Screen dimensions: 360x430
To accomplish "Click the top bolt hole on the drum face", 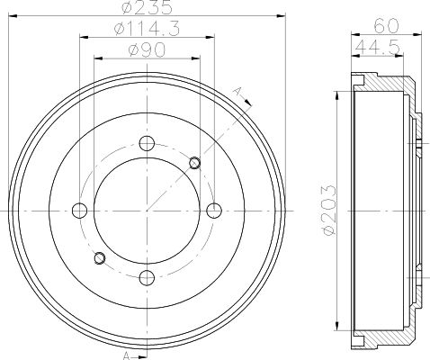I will click(x=147, y=143).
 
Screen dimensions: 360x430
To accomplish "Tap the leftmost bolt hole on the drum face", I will click(x=79, y=211).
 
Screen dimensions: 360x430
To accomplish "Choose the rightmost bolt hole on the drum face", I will click(x=213, y=211).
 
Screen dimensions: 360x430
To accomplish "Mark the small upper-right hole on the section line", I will click(x=194, y=162).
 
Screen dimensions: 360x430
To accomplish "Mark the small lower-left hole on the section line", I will click(x=99, y=259).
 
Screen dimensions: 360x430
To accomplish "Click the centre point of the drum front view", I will click(x=147, y=211).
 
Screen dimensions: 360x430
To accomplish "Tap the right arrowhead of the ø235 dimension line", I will click(x=281, y=16).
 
